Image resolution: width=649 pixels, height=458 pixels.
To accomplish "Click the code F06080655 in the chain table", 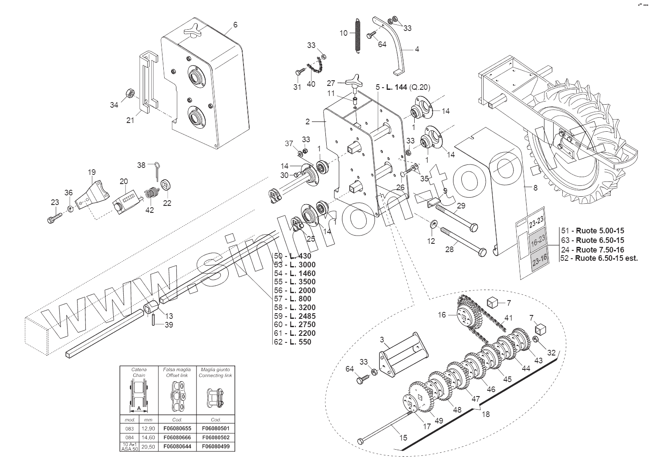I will pos(177,428).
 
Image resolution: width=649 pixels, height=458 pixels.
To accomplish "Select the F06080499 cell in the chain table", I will pos(216,446).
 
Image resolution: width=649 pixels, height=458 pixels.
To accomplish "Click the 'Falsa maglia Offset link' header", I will pos(177,372).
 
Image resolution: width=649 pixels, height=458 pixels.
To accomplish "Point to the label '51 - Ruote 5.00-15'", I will pos(593,231).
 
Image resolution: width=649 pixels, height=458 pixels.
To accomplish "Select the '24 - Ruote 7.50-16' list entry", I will pos(593,250).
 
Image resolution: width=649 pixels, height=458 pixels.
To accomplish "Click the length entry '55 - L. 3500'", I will pos(295,282).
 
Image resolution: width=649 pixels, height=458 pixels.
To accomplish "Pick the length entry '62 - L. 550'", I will pos(293,342).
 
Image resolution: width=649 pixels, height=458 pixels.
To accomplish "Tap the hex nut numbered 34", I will pos(129,93).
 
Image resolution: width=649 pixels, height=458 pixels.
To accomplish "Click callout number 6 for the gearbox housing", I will pos(235,25).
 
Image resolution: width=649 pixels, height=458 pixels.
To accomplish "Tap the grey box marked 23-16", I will pos(540,260).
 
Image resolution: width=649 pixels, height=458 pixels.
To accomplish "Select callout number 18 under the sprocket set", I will pos(486,414).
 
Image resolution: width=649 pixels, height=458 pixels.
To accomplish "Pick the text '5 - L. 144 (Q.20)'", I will pos(402,87).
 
